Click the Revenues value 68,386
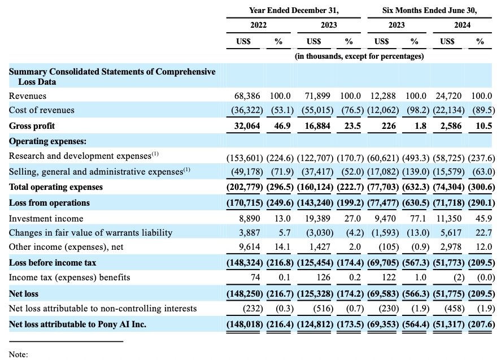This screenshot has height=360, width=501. [247, 96]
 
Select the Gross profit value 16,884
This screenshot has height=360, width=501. [317, 126]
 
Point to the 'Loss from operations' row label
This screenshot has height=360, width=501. [49, 203]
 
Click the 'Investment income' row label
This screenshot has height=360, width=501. [46, 218]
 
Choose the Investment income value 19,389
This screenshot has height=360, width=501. [317, 218]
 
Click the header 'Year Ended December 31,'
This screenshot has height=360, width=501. [294, 10]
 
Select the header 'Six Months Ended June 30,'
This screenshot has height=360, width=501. [429, 10]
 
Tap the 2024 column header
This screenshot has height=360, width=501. [463, 25]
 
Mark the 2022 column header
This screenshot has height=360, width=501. [259, 25]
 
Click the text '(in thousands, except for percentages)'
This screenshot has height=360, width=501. [359, 57]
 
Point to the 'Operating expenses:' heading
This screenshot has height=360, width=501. [47, 141]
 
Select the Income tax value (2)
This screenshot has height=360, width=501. [459, 277]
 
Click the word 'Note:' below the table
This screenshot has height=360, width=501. [18, 354]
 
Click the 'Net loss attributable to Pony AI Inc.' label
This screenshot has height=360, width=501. [77, 324]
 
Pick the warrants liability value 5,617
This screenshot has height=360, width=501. [451, 232]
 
